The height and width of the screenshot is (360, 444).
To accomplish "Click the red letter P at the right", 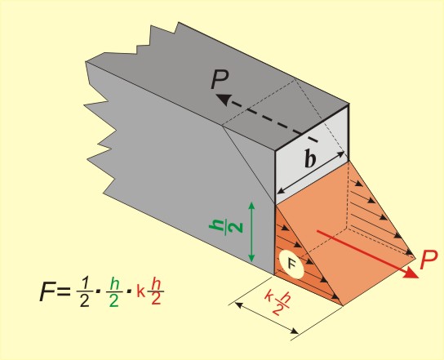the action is tap(428, 260).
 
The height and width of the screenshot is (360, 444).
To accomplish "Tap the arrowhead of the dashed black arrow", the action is tap(222, 100).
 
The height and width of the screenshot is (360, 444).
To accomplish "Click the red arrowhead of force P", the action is tap(411, 273).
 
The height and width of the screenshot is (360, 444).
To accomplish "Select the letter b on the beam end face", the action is tap(310, 158).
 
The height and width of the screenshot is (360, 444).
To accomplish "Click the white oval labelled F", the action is tap(291, 264).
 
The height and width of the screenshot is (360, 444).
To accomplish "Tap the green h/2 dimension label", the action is tap(226, 227).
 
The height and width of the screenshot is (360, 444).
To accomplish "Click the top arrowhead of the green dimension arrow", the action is tap(251, 206).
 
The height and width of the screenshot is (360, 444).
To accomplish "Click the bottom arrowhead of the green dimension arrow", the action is tap(251, 258).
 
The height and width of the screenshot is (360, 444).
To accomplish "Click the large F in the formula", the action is tap(47, 291).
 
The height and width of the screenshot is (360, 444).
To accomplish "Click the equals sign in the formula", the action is tap(64, 291).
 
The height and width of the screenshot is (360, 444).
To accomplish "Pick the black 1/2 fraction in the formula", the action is tap(84, 291).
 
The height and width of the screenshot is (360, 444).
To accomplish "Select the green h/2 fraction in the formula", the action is tap(113, 291).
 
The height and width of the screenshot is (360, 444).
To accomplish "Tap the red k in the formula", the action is tap(140, 291).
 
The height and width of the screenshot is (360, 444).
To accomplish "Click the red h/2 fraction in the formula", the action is tap(156, 291).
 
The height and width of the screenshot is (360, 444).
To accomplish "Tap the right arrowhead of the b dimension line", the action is tap(340, 154).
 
